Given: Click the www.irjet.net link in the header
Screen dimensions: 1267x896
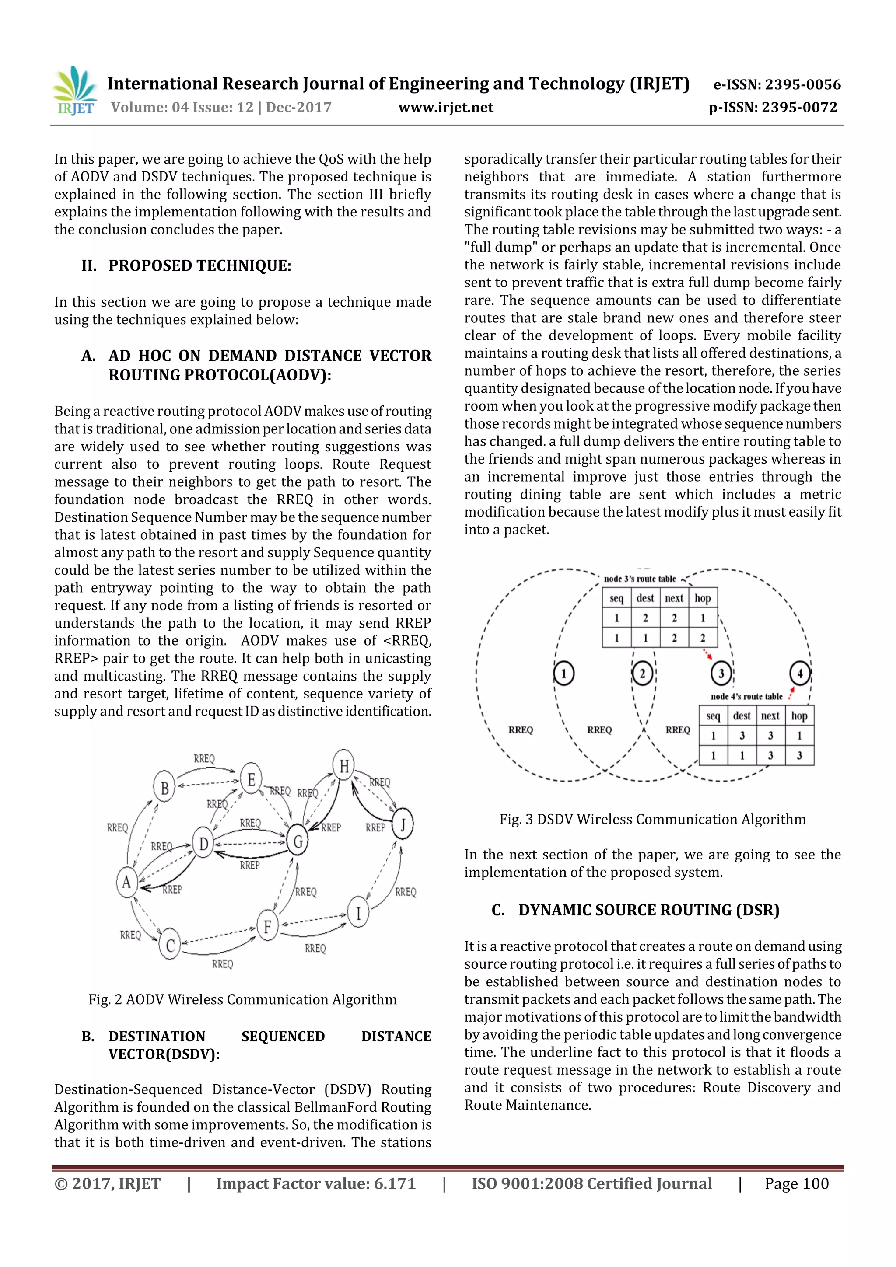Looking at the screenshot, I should click(445, 108).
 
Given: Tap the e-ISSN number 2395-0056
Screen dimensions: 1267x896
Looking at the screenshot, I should click(777, 84).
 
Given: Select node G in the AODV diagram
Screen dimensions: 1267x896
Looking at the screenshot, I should click(297, 841).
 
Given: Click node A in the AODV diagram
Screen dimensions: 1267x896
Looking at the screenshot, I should click(126, 883).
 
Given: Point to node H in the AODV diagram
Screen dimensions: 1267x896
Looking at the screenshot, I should click(343, 765).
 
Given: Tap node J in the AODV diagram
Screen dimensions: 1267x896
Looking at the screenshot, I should click(402, 824).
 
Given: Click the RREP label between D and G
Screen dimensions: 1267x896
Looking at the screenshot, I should click(249, 865).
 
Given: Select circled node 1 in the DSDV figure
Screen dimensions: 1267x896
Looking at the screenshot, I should click(563, 673).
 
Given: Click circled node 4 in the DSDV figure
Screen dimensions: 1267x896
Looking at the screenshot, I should click(799, 673).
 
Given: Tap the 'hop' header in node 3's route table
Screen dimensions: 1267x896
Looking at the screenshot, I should click(702, 598).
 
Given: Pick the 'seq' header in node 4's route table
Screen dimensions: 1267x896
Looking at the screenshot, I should click(713, 716).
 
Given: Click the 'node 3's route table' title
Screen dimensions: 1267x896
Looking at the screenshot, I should click(639, 579).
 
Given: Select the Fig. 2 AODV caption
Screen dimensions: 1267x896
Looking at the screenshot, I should click(242, 999).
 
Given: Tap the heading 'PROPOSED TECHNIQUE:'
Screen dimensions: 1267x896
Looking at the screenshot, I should click(199, 266).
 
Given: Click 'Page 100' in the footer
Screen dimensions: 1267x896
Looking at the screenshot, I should click(796, 1183).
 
